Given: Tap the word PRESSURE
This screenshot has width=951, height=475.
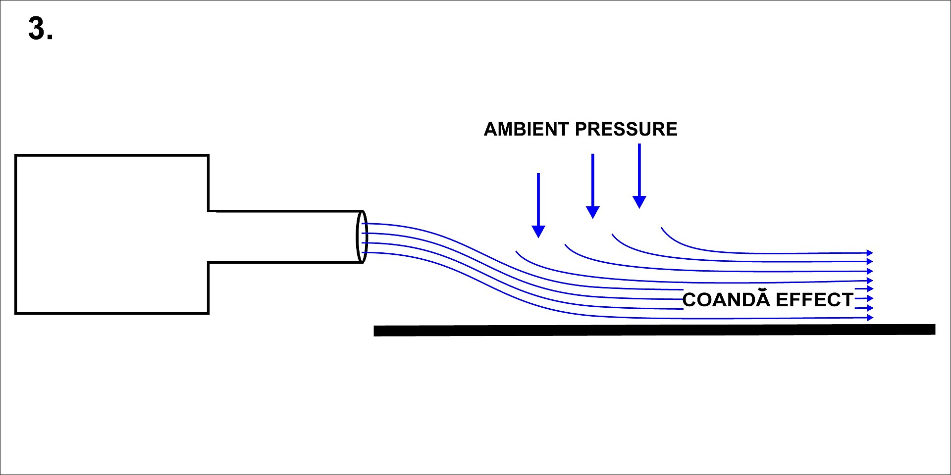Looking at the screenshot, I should click(626, 129).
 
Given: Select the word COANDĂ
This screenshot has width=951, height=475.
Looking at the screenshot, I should click(726, 299).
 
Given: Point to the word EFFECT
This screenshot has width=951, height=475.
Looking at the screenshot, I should click(814, 300).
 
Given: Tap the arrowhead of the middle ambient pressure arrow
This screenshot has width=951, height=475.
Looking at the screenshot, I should click(593, 212).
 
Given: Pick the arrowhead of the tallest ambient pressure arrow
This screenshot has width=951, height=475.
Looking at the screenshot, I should click(639, 202).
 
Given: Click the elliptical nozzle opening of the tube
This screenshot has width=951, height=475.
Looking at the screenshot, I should click(362, 237).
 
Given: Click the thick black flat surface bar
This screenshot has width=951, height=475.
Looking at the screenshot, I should click(654, 330).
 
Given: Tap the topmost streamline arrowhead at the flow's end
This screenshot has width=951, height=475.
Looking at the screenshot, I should click(870, 253).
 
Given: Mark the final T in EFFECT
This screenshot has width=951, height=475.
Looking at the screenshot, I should click(846, 300).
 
